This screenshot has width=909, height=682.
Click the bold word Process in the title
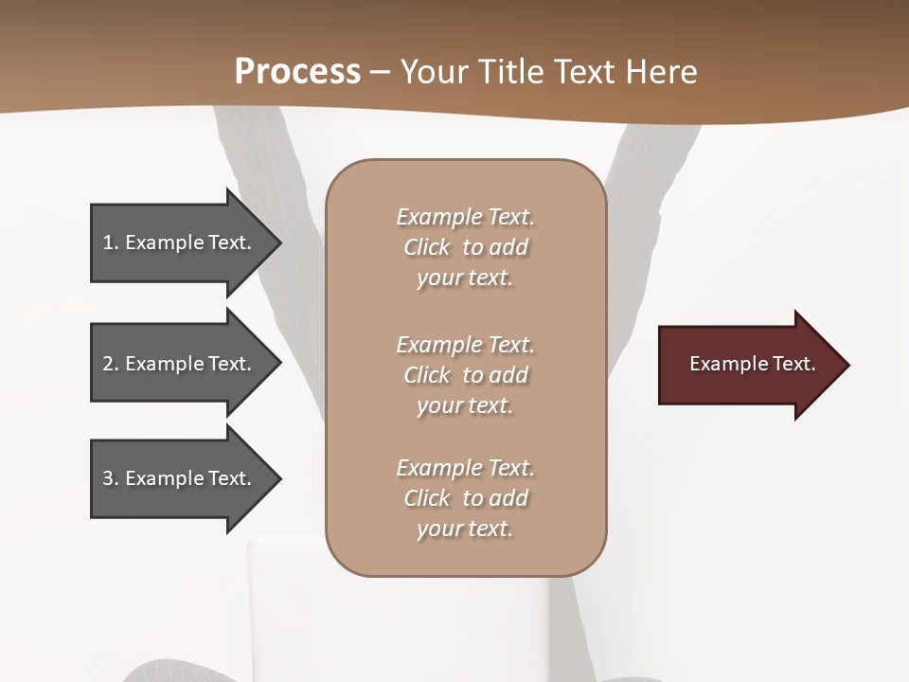[297, 71]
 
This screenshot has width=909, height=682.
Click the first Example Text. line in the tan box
[465, 217]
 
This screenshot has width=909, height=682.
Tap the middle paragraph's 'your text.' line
[465, 405]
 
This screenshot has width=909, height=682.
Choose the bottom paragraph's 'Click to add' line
[465, 498]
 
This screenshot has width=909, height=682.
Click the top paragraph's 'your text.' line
[465, 278]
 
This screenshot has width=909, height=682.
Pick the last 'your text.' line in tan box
[465, 529]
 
